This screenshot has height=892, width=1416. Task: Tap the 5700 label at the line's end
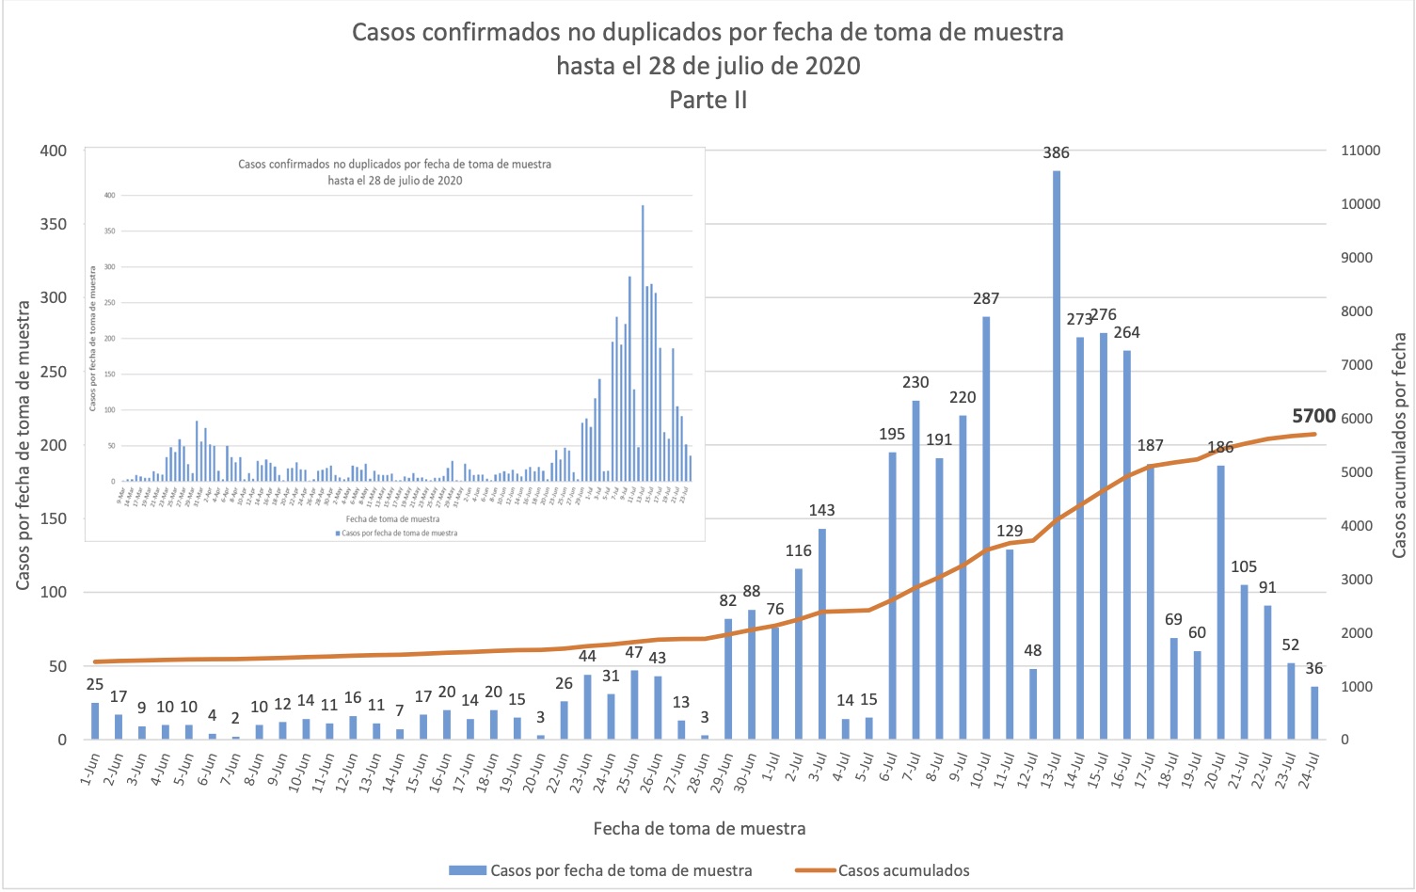pos(1313,416)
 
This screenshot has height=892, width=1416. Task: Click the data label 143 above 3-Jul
pos(821,510)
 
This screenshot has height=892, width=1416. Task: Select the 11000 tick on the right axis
pos(1360,151)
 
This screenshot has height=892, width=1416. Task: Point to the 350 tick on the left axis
pos(54,224)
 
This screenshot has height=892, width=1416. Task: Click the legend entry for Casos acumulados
pos(902,870)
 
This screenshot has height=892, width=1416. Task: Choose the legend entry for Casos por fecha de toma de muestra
pos(621,870)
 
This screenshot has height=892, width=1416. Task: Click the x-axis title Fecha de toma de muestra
pos(699,829)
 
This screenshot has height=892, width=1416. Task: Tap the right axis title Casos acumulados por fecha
pos(1399,444)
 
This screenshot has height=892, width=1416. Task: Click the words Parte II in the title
pos(708,100)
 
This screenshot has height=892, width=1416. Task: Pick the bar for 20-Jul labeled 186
pos(1220,602)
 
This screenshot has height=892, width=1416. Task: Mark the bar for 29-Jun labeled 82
pos(728,678)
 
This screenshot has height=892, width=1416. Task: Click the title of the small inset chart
pos(395,171)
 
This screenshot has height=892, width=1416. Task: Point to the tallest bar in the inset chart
pos(643,343)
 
